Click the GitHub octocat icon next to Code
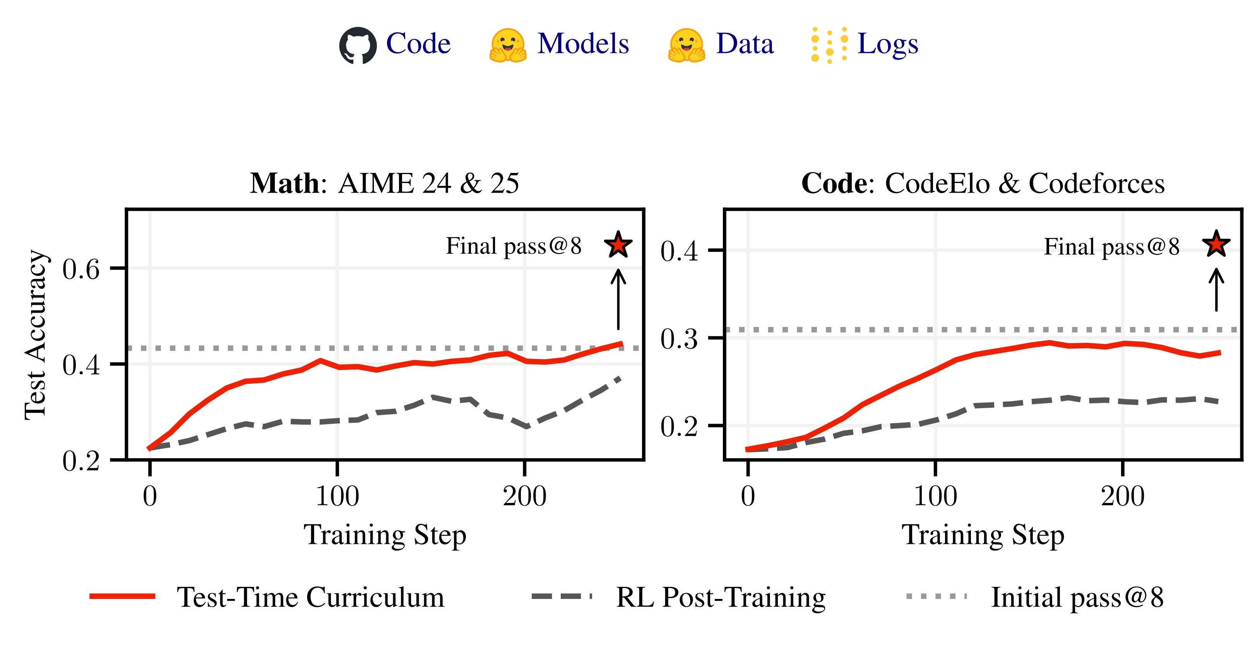(358, 45)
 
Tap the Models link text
(583, 44)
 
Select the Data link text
(745, 44)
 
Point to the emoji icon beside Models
(508, 45)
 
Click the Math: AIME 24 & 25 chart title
(384, 184)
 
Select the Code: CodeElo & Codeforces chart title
(983, 184)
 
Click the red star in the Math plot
(618, 245)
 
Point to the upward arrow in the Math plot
(618, 299)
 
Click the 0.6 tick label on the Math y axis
(81, 269)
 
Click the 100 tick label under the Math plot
(337, 496)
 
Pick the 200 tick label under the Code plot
(1123, 496)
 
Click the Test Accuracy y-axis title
(36, 335)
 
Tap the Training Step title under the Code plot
(983, 535)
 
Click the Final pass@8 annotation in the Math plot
(514, 246)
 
